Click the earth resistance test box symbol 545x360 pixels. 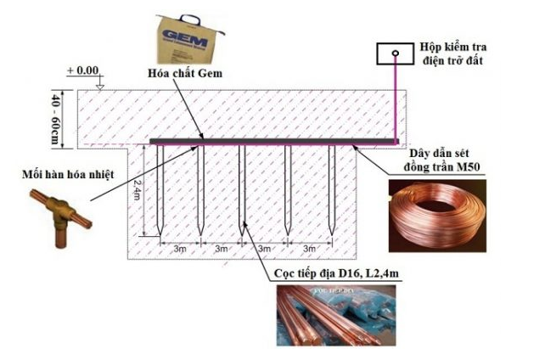point(396,55)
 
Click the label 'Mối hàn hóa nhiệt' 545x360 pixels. point(59,177)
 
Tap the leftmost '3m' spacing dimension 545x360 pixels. point(180,249)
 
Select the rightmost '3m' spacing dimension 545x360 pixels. point(309,249)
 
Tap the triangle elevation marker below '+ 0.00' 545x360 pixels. point(100,85)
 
